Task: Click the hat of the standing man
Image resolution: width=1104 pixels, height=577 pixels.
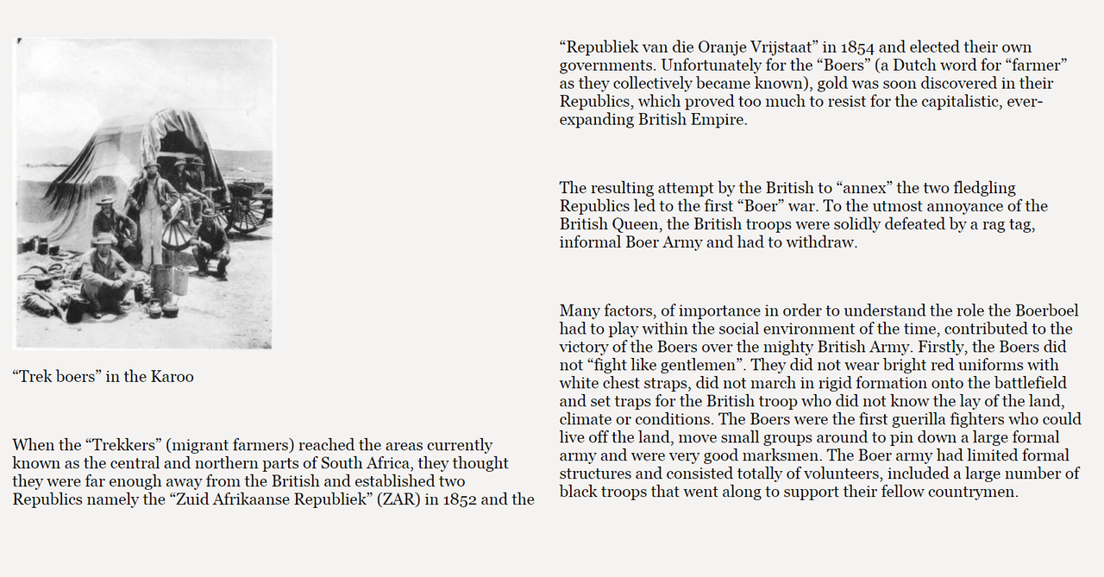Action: click(x=152, y=164)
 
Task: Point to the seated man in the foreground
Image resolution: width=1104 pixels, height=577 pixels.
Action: click(x=106, y=274)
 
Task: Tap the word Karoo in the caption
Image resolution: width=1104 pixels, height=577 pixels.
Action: click(x=172, y=376)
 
